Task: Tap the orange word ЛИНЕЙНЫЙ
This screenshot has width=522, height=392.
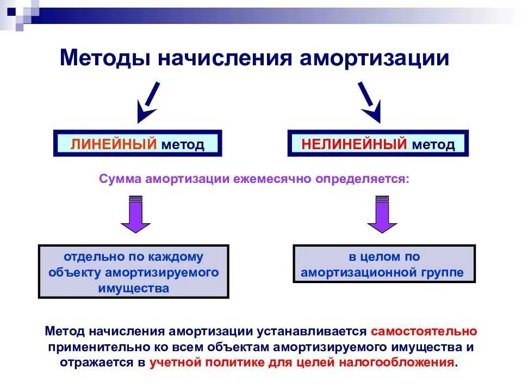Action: point(114,144)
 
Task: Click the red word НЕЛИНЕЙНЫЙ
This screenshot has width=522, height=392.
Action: point(354,144)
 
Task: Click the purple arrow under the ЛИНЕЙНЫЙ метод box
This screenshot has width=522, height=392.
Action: point(135,215)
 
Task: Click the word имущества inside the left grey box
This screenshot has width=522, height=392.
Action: point(134,288)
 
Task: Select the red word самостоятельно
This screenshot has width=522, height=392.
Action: point(424,330)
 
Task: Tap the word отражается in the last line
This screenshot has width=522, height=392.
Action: point(95,362)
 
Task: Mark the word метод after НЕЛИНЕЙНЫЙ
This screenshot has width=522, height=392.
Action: point(433,144)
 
